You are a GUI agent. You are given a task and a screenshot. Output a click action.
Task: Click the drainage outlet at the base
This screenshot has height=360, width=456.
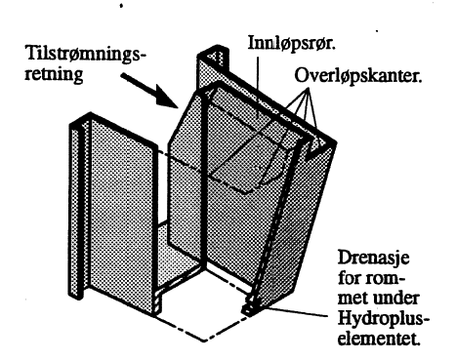249,307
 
